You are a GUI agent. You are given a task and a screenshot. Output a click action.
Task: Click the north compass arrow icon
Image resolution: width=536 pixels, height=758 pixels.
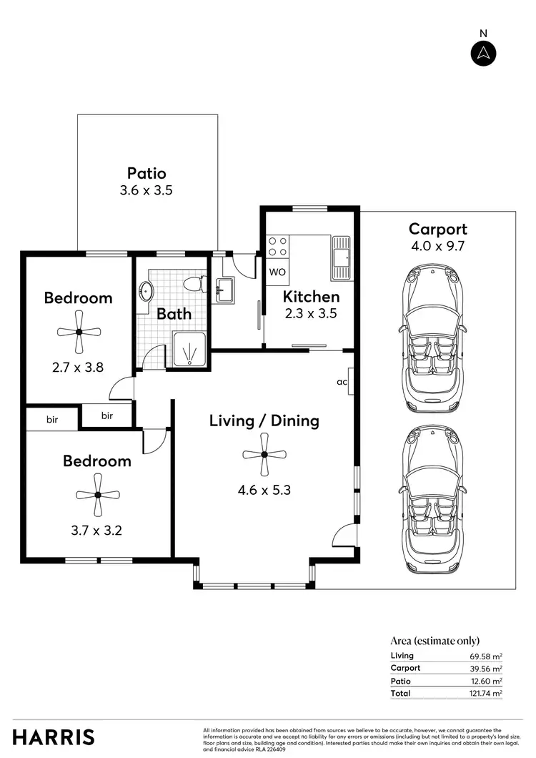tap(484, 53)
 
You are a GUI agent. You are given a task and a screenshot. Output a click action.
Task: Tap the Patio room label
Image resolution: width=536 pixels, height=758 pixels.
tap(147, 173)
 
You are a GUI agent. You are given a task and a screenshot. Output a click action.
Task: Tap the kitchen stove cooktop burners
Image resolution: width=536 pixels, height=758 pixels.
tap(277, 247)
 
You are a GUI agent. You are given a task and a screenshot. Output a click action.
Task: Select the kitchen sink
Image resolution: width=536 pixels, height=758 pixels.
tap(341, 257)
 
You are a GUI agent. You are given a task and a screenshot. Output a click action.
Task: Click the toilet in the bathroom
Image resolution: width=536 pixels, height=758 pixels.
tap(192, 284)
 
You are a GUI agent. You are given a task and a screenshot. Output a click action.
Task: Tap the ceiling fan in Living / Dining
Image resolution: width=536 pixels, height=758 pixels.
tap(264, 455)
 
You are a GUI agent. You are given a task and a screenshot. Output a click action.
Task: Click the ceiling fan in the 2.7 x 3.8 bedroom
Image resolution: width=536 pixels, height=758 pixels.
tap(79, 332)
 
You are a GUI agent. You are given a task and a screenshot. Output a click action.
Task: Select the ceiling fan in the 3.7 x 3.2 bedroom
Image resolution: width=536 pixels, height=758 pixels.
tap(97, 495)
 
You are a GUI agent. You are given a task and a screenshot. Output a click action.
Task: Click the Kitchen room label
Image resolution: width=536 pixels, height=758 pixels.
tap(311, 296)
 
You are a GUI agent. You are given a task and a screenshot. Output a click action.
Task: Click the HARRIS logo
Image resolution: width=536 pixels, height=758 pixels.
tap(54, 737)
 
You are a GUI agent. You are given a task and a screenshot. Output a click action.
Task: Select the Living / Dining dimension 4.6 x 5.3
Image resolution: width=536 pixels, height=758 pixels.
tap(264, 491)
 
